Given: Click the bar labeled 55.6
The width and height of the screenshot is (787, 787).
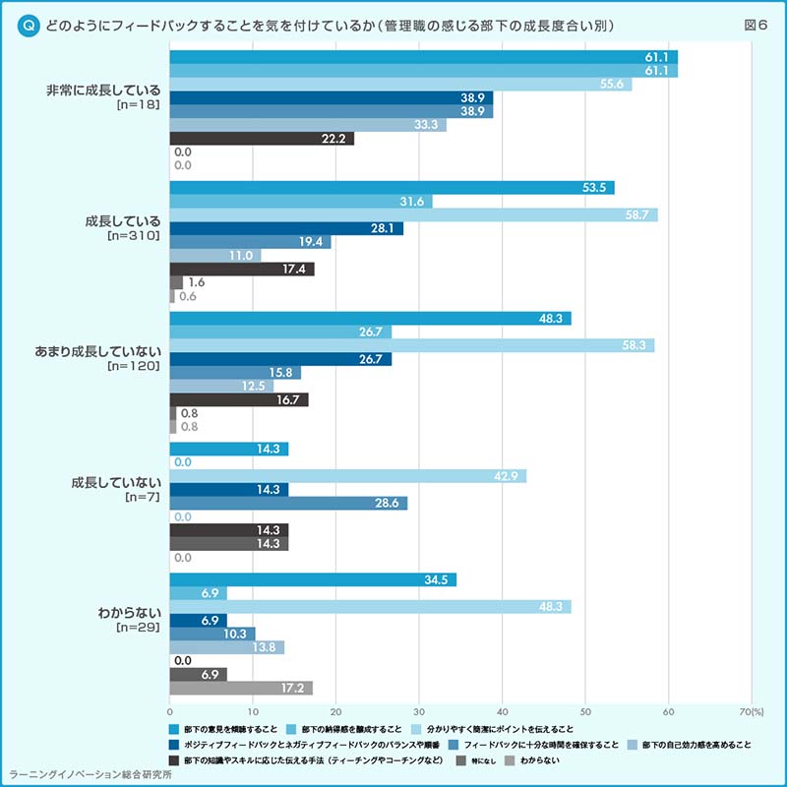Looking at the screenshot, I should click(x=400, y=85).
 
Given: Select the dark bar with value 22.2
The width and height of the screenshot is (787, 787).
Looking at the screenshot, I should click(x=262, y=139).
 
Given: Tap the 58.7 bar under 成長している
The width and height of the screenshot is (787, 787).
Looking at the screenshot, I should click(x=413, y=214).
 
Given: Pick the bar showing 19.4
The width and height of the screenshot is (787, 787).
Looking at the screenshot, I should click(x=250, y=242).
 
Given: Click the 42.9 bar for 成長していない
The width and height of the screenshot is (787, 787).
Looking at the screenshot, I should click(x=348, y=476).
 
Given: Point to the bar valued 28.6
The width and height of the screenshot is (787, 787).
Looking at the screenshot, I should click(x=288, y=503).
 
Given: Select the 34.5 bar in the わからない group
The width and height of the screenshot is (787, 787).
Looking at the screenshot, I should click(x=313, y=579).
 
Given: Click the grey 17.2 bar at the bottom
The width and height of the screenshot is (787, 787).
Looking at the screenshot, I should click(x=241, y=688).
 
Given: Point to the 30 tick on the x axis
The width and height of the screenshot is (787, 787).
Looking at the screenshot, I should click(x=419, y=711).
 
